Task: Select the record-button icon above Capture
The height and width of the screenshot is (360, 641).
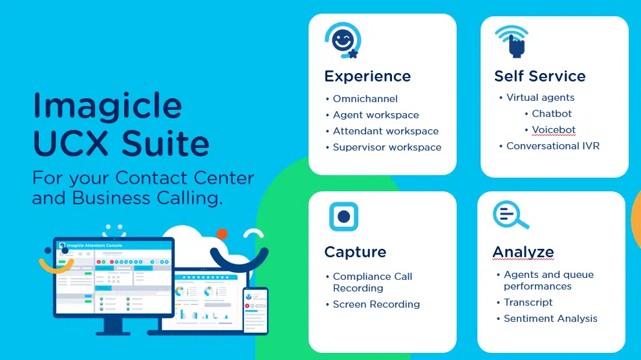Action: pyautogui.click(x=343, y=217)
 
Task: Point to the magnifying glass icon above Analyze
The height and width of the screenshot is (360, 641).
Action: pyautogui.click(x=509, y=215)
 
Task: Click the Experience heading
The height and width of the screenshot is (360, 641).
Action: pyautogui.click(x=367, y=76)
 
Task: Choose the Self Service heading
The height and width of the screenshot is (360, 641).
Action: pyautogui.click(x=539, y=76)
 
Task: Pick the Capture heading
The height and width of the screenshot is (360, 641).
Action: pyautogui.click(x=355, y=252)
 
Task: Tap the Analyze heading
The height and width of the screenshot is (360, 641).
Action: pyautogui.click(x=523, y=252)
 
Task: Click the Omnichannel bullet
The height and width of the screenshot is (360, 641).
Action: pyautogui.click(x=365, y=99)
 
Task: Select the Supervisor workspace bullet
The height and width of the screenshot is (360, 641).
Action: pyautogui.click(x=387, y=147)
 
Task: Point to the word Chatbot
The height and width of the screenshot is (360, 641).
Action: pyautogui.click(x=552, y=114)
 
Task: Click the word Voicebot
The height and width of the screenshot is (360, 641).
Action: pyautogui.click(x=554, y=130)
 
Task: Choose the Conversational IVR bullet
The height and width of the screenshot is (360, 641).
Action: pyautogui.click(x=552, y=146)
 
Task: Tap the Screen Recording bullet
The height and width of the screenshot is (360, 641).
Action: pyautogui.click(x=376, y=304)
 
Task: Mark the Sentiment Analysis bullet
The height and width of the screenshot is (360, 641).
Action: pyautogui.click(x=550, y=319)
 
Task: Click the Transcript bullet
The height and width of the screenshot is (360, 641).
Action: pyautogui.click(x=528, y=302)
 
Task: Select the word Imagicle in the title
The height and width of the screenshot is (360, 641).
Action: pyautogui.click(x=107, y=105)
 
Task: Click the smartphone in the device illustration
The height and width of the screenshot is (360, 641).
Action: pyautogui.click(x=255, y=310)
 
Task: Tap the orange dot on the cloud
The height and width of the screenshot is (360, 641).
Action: pyautogui.click(x=222, y=234)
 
